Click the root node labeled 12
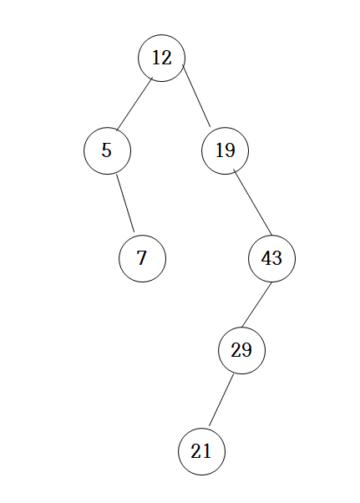click(161, 58)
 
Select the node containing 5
click(108, 150)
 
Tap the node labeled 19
click(225, 150)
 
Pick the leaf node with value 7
click(142, 258)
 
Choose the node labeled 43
click(271, 258)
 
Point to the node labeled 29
click(241, 350)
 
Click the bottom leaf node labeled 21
click(201, 451)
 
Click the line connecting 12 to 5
click(134, 104)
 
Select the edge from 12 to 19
click(196, 95)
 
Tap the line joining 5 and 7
click(125, 203)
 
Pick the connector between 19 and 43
click(252, 202)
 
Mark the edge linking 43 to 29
click(256, 305)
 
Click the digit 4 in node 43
click(266, 258)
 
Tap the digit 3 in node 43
click(277, 258)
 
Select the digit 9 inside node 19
click(231, 150)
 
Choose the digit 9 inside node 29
click(247, 349)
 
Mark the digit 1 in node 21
click(207, 450)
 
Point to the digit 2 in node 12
click(167, 58)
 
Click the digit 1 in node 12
click(156, 58)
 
